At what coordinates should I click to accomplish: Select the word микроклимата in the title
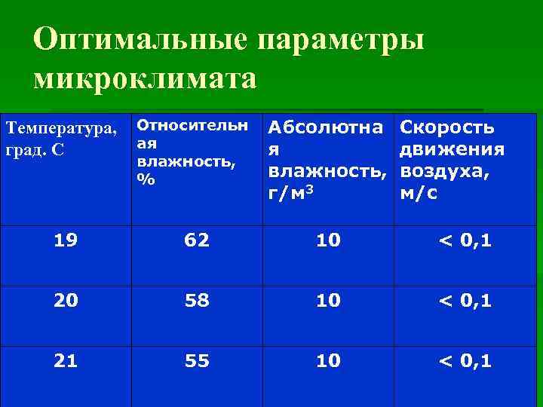146,78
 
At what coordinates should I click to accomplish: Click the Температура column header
61,138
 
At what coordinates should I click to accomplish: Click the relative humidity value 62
198,241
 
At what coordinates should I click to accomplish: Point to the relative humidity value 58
198,301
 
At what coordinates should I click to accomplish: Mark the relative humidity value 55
198,361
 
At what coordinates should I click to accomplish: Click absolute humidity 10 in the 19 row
328,241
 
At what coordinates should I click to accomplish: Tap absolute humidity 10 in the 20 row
328,301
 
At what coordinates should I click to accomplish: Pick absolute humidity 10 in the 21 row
328,361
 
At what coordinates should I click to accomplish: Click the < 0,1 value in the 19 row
465,241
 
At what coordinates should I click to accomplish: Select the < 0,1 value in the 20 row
465,301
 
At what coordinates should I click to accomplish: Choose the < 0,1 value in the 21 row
465,361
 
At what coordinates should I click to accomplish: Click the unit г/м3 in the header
291,194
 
